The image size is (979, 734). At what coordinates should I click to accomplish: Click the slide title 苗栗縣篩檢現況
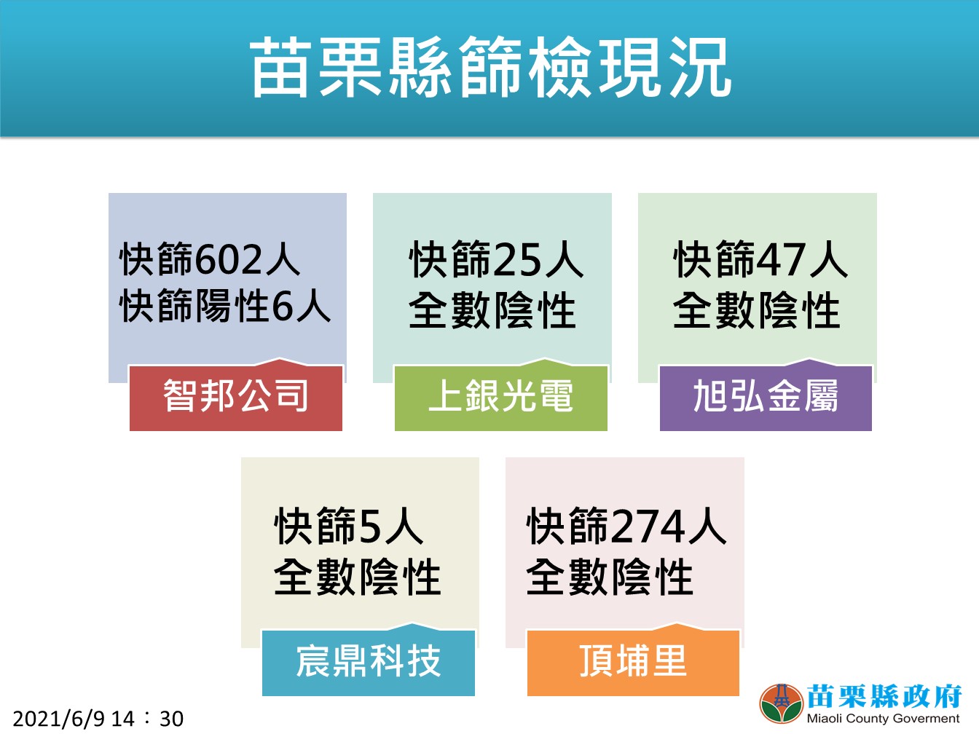pos(490,67)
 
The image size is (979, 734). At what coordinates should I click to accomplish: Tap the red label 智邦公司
pos(235,395)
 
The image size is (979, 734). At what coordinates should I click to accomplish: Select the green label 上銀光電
pos(500,395)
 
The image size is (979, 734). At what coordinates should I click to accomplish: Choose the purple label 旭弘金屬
pos(766,395)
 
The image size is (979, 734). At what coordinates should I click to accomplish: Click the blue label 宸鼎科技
pos(369,661)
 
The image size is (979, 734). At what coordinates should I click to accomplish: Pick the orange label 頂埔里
pos(633,661)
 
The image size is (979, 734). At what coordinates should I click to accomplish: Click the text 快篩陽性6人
pos(225,306)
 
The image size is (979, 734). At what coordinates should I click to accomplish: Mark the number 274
pos(649,526)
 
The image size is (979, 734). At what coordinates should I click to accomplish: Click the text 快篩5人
pos(349,526)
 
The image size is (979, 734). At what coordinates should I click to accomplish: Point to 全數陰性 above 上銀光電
pos(492,311)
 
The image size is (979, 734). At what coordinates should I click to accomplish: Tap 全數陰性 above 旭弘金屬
pos(757,311)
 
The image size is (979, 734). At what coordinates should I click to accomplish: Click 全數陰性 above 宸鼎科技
pos(358,577)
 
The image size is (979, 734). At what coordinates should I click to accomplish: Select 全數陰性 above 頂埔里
pos(610,577)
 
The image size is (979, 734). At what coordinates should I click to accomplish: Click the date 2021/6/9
pos(59,719)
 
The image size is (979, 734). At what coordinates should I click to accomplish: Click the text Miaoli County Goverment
pos(883,719)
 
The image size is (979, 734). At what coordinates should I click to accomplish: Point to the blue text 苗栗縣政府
pos(884,696)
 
